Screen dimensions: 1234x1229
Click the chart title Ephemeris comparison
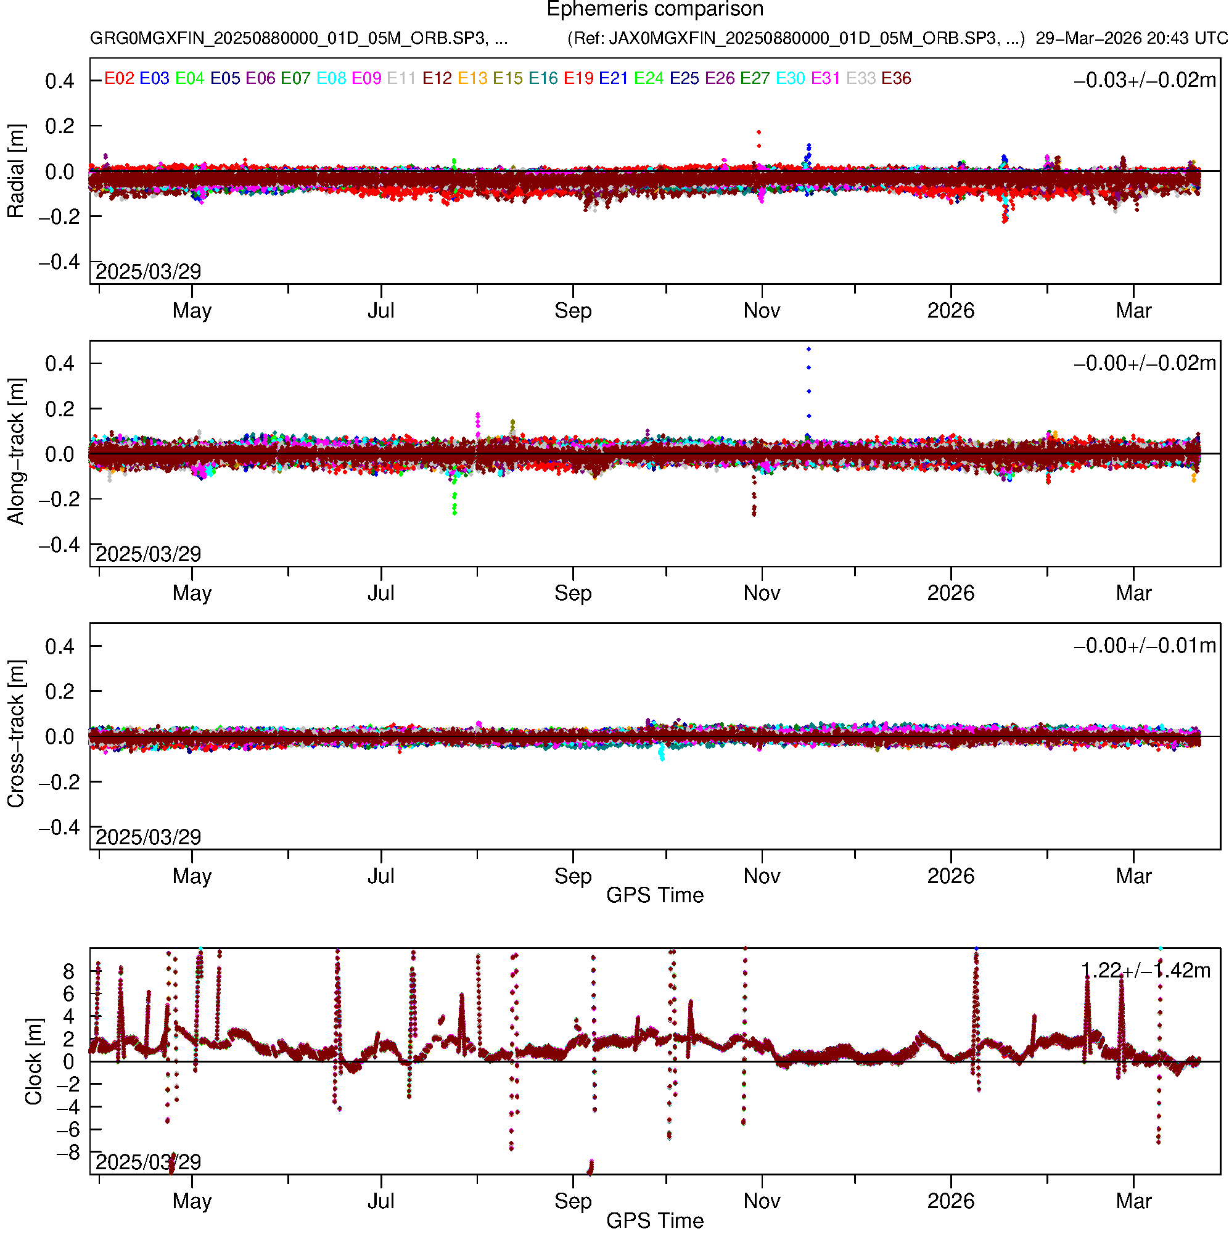(655, 9)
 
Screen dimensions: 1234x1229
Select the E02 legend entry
(119, 78)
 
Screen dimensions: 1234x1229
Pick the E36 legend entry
(895, 78)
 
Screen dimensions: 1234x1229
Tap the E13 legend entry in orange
(472, 78)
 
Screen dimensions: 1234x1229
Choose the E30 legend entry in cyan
(789, 78)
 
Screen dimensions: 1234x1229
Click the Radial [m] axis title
(15, 171)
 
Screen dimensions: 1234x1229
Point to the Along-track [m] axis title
(15, 451)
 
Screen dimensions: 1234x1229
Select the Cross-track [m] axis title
(15, 734)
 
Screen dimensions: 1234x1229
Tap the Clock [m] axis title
(33, 1061)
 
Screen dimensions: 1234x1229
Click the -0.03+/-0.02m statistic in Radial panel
(1145, 80)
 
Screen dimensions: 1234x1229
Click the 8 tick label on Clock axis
(68, 971)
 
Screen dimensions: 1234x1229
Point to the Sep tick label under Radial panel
(573, 311)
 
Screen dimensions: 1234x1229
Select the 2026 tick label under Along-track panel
(950, 593)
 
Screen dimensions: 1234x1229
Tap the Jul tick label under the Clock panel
(380, 1201)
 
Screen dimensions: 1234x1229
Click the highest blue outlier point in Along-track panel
(808, 350)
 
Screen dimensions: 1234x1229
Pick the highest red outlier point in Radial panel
(758, 132)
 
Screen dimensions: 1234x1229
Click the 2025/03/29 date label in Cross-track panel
(148, 837)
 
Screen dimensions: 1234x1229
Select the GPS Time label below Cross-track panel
(655, 895)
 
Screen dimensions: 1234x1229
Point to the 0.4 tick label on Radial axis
(59, 81)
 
